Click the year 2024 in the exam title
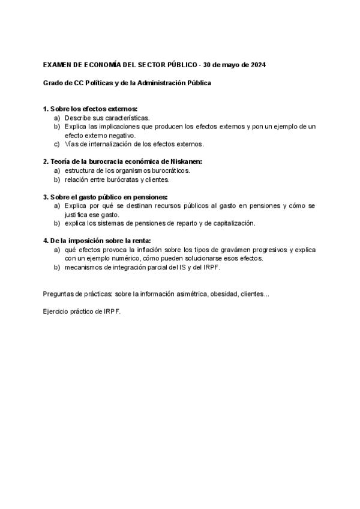click(x=258, y=64)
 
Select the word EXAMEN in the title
click(x=58, y=64)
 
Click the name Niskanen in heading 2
click(x=185, y=161)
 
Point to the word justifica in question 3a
click(x=77, y=214)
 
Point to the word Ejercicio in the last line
click(x=56, y=312)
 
